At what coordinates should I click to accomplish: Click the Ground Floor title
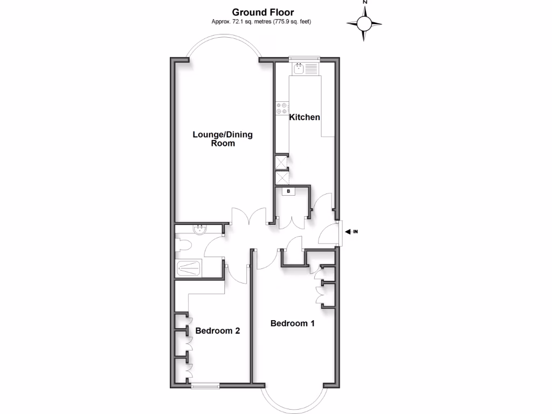point(263,12)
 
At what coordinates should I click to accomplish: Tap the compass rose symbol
point(364,23)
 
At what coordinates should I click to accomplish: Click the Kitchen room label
point(305,117)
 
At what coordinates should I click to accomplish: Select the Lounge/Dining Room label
point(223,139)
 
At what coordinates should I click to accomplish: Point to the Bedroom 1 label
point(292,323)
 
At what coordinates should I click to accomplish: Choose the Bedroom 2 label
point(217,330)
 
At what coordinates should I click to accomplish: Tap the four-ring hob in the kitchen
point(282,108)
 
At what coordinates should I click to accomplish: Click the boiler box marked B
point(288,191)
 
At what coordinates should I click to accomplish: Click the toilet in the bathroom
point(184,247)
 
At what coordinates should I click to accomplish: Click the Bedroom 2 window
point(205,385)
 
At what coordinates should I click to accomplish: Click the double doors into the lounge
point(249,216)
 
